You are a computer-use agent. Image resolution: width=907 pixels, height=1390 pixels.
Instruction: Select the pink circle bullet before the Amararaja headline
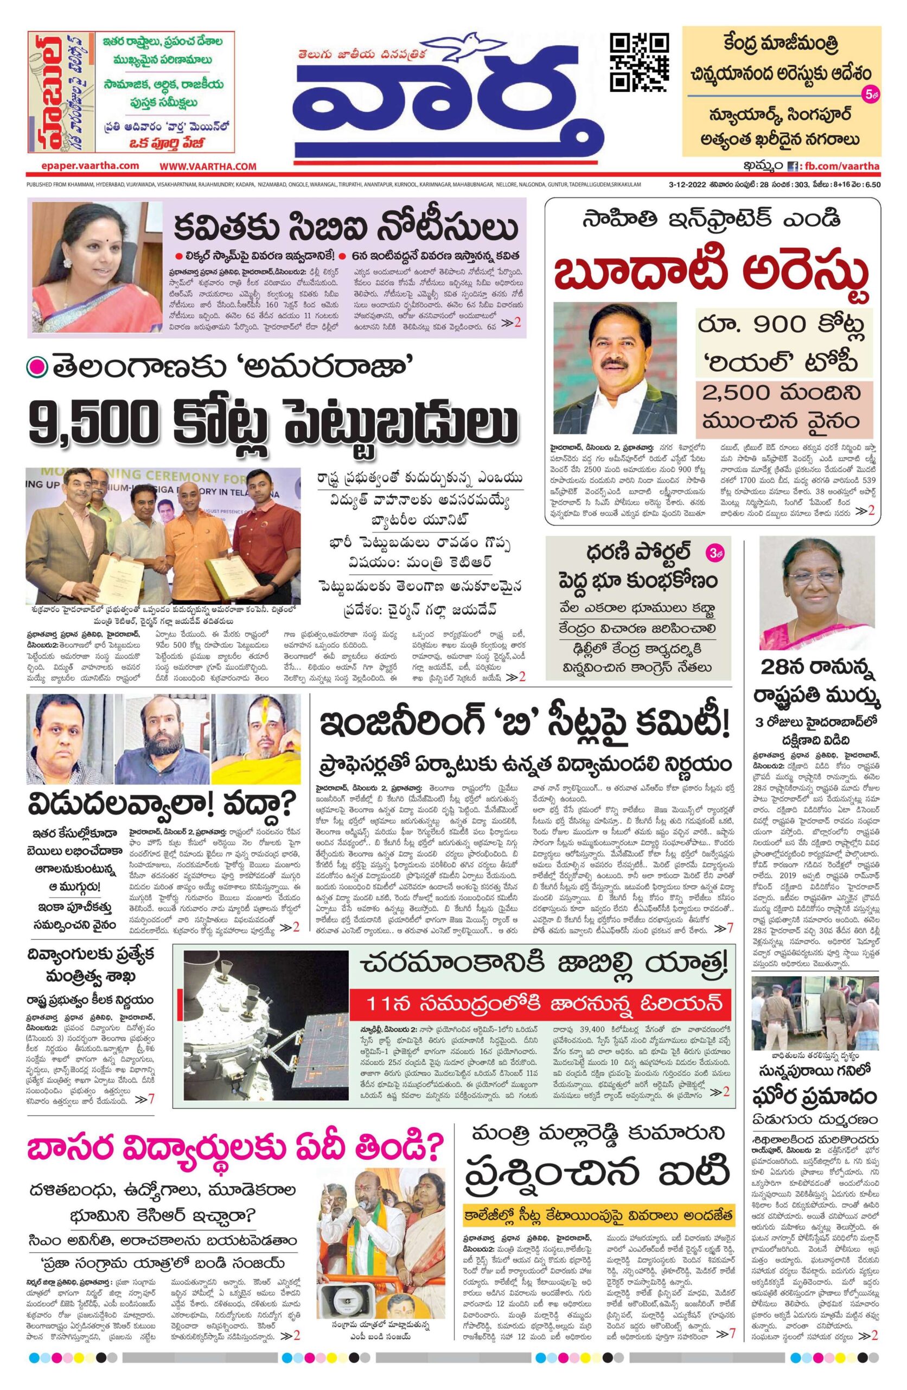click(x=39, y=368)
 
